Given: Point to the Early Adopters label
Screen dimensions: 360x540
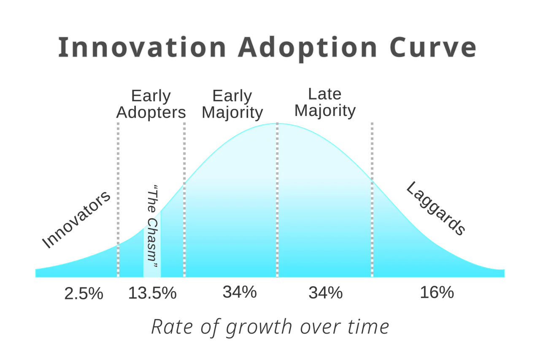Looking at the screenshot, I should click(151, 104).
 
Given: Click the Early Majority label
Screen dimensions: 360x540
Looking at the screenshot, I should click(232, 104).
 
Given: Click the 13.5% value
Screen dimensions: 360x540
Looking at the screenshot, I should click(152, 293).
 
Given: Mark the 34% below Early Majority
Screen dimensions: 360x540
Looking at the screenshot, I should click(240, 292).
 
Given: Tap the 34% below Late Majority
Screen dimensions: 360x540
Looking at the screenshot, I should click(325, 293).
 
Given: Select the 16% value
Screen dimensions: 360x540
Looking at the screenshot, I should click(437, 293).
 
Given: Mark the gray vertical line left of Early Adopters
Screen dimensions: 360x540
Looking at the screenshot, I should click(118, 181).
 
